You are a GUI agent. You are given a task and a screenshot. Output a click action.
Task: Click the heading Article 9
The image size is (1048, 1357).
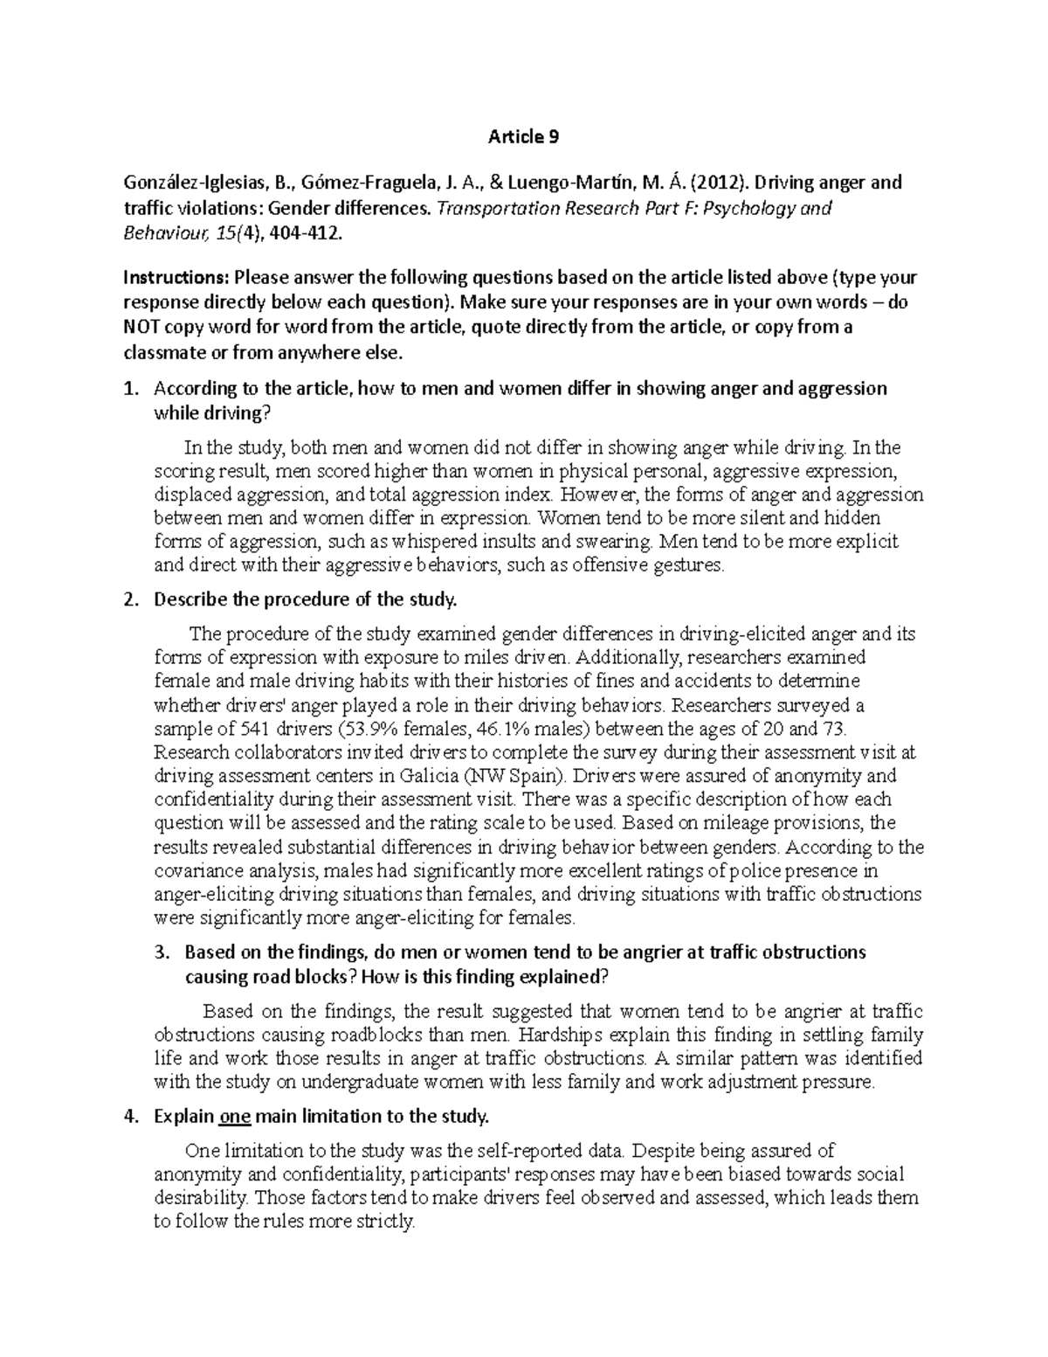pyautogui.click(x=523, y=136)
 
